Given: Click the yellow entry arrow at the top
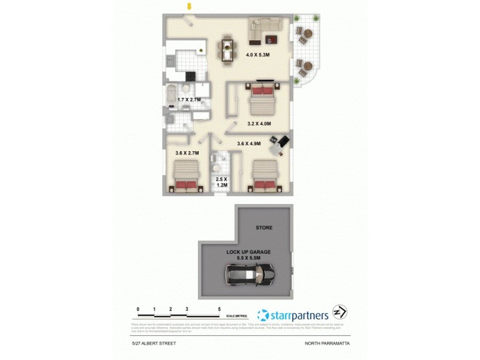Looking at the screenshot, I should [x=190, y=7].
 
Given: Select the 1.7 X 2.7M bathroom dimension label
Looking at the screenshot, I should [x=189, y=99].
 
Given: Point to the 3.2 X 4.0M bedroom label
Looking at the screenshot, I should [x=259, y=124].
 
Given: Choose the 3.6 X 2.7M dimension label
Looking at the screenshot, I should [x=187, y=154].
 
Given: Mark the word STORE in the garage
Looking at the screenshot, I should [x=264, y=229].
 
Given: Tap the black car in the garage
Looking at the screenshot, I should [x=250, y=277].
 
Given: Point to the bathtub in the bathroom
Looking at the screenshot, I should [x=171, y=95].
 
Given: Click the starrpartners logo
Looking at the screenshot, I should [x=292, y=314].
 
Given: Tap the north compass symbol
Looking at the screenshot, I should [x=338, y=313].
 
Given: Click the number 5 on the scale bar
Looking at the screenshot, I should [x=220, y=310].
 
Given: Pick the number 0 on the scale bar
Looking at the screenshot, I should [x=138, y=310].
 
